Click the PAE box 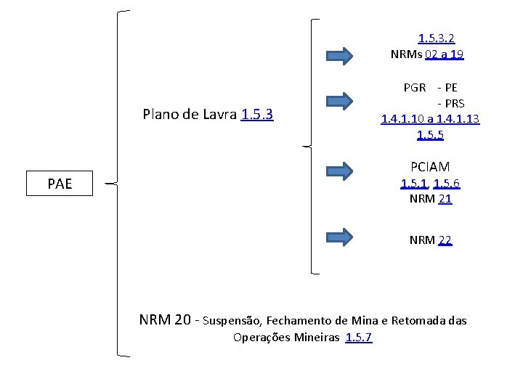click(60, 184)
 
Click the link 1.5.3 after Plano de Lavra click(256, 114)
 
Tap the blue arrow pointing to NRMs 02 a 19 click(338, 55)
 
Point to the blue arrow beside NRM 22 click(338, 236)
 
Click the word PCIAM click(430, 167)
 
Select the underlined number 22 click(445, 240)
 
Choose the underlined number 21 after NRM click(445, 198)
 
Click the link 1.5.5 click(430, 134)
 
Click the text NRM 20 click(166, 319)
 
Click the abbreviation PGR click(415, 88)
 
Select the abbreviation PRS click(454, 103)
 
